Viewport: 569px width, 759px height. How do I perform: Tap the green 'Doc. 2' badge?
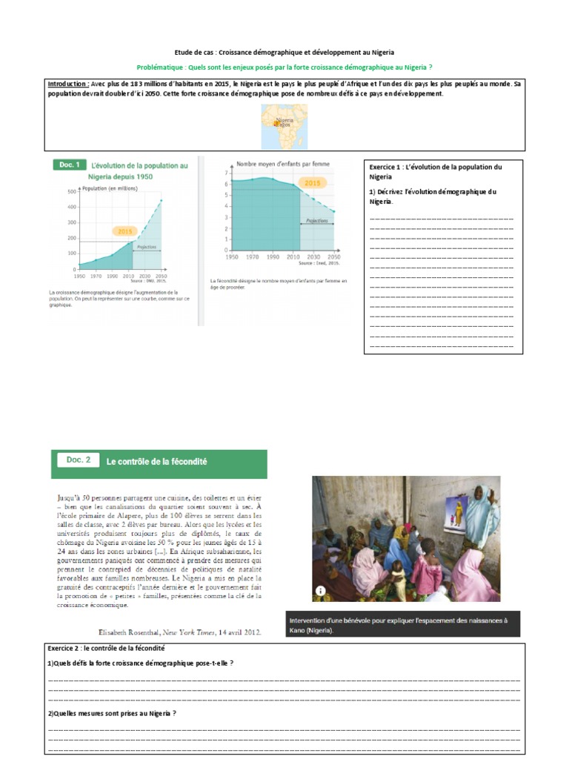pos(78,460)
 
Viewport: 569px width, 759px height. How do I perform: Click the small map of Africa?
pos(284,127)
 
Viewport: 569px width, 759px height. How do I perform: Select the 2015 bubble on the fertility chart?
pos(313,182)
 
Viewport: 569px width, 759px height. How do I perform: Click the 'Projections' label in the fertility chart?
pos(316,220)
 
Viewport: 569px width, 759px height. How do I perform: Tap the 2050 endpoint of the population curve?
pos(162,200)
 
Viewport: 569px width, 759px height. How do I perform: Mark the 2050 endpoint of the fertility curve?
pos(334,212)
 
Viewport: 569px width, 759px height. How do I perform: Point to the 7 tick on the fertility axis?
pos(226,171)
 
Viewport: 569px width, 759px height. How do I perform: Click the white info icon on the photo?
pos(320,591)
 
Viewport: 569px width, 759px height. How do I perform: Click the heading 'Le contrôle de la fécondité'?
pos(156,462)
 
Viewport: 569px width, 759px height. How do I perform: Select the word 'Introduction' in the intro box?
pos(68,84)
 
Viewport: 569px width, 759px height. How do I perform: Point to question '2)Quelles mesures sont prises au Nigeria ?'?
pos(112,713)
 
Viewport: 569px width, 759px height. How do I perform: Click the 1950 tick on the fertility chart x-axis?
pos(231,256)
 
